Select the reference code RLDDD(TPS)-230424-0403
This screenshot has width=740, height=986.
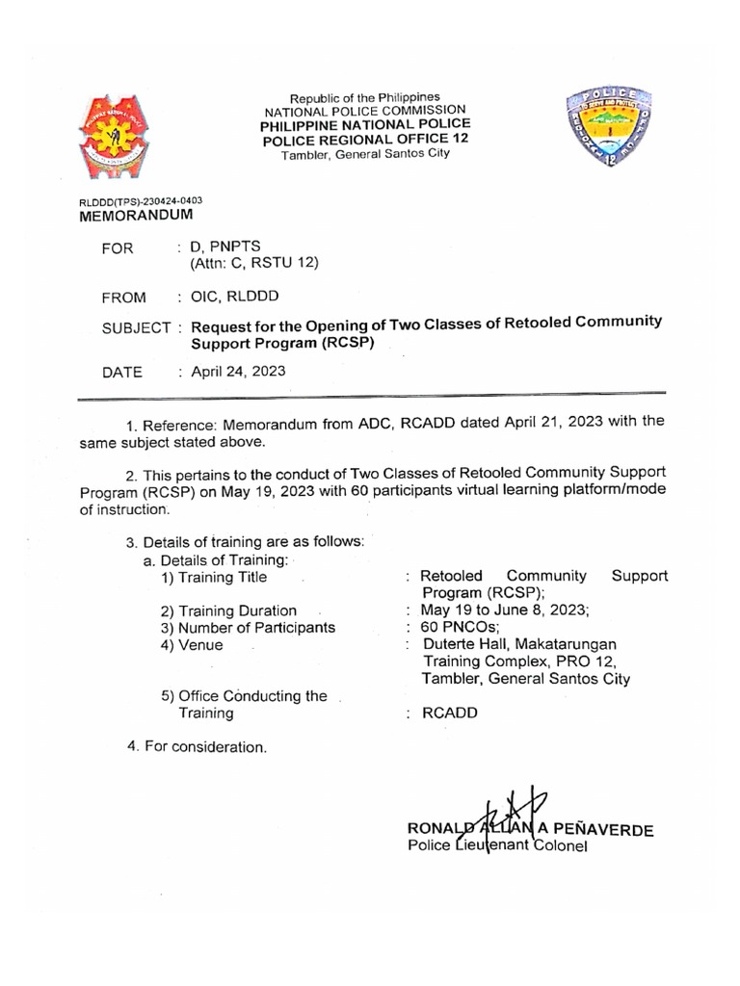click(x=141, y=201)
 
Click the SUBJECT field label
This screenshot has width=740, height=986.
click(x=136, y=330)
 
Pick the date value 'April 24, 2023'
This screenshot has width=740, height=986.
click(x=238, y=371)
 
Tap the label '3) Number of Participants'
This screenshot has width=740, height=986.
click(x=248, y=628)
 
